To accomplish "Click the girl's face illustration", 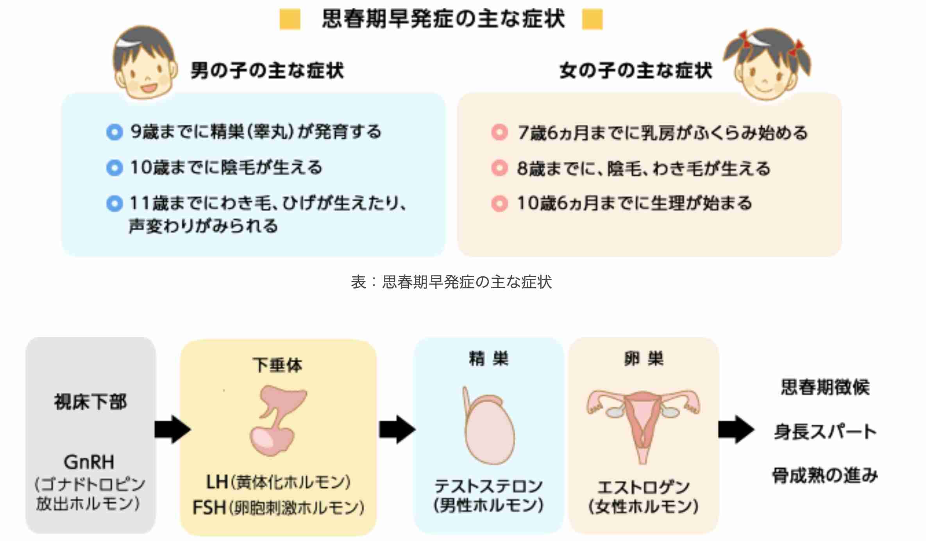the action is [x=766, y=64].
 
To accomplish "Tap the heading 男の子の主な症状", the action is [x=267, y=71].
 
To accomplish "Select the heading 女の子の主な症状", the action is [x=636, y=71].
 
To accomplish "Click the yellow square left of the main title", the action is [x=290, y=20].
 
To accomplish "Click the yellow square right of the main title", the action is [x=592, y=20].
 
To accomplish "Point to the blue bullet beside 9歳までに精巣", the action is [x=114, y=132].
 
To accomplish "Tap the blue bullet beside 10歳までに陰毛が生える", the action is [x=114, y=168].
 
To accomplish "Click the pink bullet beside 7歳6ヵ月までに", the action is [x=499, y=133].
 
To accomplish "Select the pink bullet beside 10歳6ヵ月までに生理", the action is [x=499, y=203].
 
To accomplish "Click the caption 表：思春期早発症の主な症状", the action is [x=451, y=282].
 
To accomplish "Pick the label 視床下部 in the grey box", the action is [x=91, y=402].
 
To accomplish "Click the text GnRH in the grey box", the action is [x=89, y=462].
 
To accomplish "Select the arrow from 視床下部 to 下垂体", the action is [x=172, y=429].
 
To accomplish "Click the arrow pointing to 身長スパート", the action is [x=737, y=429].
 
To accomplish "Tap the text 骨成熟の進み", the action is [x=825, y=475].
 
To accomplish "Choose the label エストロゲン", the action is [x=644, y=487].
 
